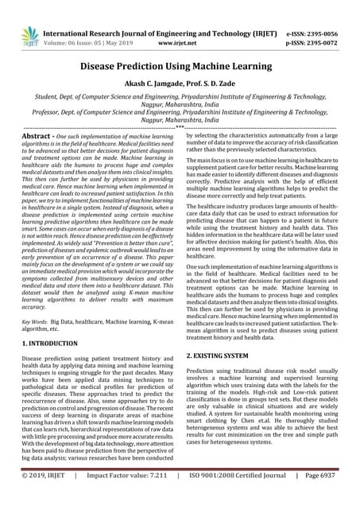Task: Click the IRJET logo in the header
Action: click(x=30, y=34)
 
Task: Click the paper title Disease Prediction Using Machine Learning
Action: click(x=180, y=69)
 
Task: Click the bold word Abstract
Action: click(x=35, y=137)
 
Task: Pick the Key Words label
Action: click(x=38, y=321)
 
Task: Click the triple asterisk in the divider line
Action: click(x=180, y=126)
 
